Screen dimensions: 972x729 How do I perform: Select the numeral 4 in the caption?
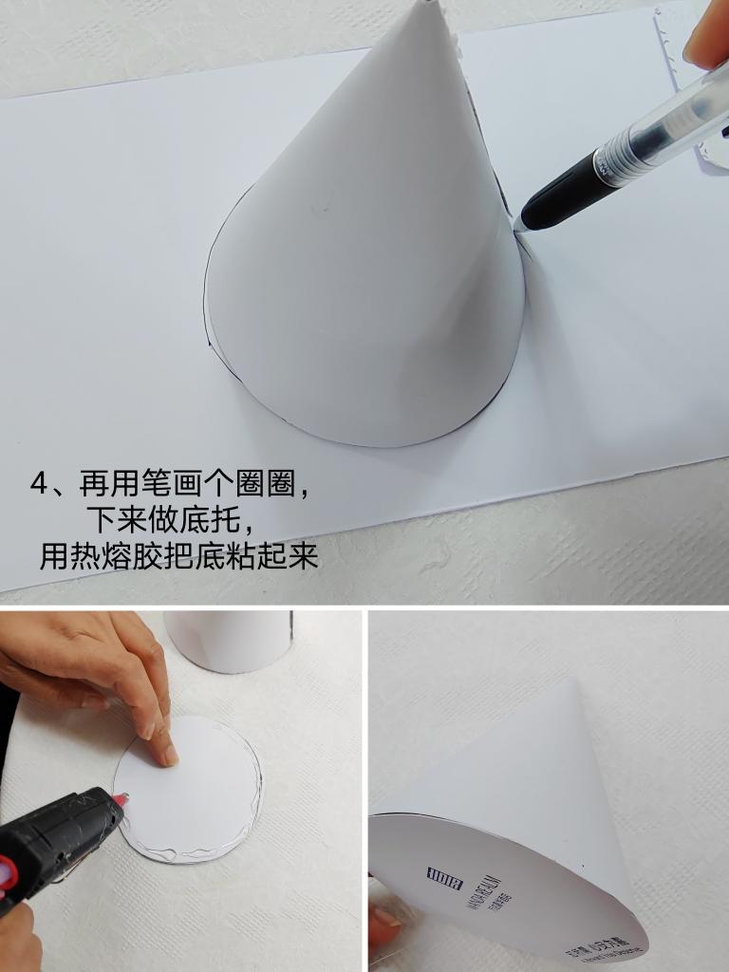point(39,484)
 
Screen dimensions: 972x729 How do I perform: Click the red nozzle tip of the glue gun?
point(122,799)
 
